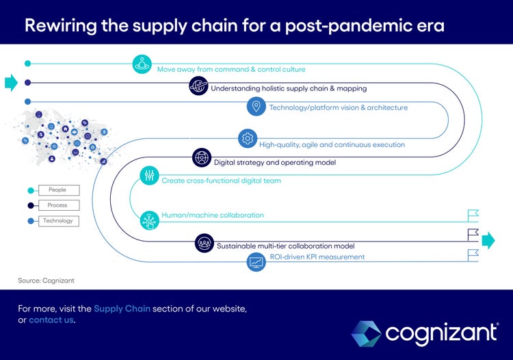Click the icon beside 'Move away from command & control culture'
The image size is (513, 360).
pyautogui.click(x=142, y=64)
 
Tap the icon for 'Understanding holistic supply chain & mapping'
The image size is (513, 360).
pyautogui.click(x=198, y=86)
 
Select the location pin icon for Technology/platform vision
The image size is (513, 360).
pyautogui.click(x=256, y=106)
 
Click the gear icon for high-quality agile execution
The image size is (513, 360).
pyautogui.click(x=247, y=138)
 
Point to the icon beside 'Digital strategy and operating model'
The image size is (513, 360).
pyautogui.click(x=202, y=157)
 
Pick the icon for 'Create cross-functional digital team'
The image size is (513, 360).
pyautogui.click(x=149, y=175)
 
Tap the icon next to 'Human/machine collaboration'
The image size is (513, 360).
pyautogui.click(x=149, y=220)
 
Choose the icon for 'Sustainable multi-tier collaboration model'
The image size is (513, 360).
pyautogui.click(x=204, y=243)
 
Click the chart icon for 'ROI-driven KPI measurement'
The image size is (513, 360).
pyautogui.click(x=256, y=261)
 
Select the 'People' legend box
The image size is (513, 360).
pyautogui.click(x=58, y=190)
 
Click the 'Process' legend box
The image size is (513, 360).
pyautogui.click(x=58, y=205)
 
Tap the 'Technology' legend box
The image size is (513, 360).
pyautogui.click(x=58, y=221)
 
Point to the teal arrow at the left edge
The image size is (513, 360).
pyautogui.click(x=11, y=83)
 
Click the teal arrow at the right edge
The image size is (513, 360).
pyautogui.click(x=488, y=240)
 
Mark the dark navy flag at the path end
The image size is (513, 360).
pyautogui.click(x=473, y=234)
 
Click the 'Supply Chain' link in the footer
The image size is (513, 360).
pyautogui.click(x=122, y=309)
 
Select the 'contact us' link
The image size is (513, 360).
pyautogui.click(x=51, y=320)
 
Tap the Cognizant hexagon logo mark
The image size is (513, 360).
pyautogui.click(x=366, y=333)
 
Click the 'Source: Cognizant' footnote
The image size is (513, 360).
pyautogui.click(x=46, y=281)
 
